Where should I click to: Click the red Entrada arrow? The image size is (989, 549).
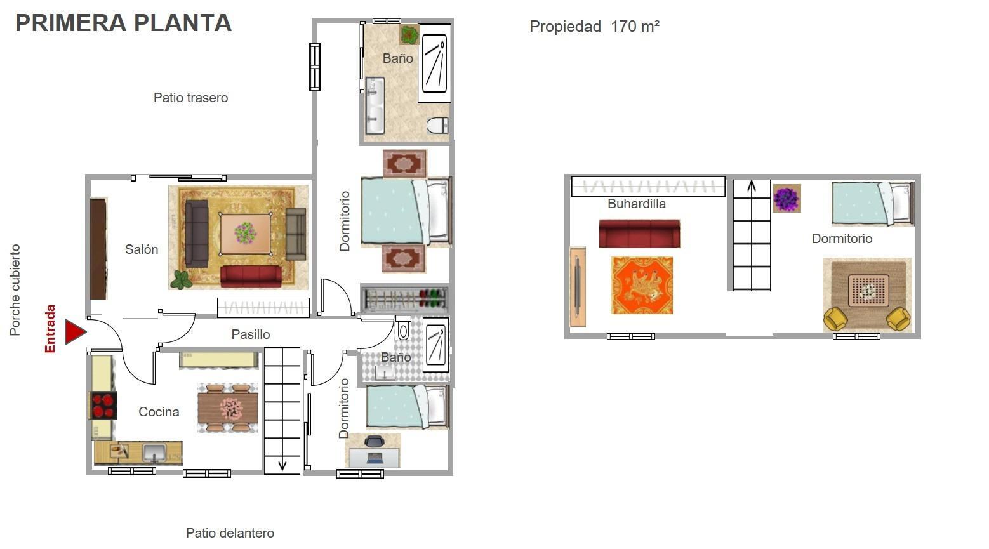[75, 332]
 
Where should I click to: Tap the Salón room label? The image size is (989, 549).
[142, 249]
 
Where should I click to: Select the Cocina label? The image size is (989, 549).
[159, 412]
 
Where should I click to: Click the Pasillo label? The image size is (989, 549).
[250, 334]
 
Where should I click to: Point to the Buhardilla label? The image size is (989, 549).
[636, 204]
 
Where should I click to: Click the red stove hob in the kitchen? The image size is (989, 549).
[103, 406]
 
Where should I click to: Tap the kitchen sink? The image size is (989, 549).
[154, 453]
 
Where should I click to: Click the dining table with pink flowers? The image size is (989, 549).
[228, 408]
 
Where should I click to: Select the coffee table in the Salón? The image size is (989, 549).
[246, 234]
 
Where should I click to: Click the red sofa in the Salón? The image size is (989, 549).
[251, 276]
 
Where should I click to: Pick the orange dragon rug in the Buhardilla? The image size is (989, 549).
[642, 286]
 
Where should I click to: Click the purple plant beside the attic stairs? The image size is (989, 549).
[787, 199]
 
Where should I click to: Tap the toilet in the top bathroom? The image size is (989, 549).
[437, 125]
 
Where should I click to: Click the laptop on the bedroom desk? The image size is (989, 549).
[375, 458]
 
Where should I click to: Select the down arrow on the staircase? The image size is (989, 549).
[282, 465]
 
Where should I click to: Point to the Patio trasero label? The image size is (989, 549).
[190, 98]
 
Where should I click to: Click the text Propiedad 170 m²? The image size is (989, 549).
[594, 27]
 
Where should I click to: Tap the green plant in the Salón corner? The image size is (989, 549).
[181, 280]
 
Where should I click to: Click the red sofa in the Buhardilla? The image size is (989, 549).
[640, 234]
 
